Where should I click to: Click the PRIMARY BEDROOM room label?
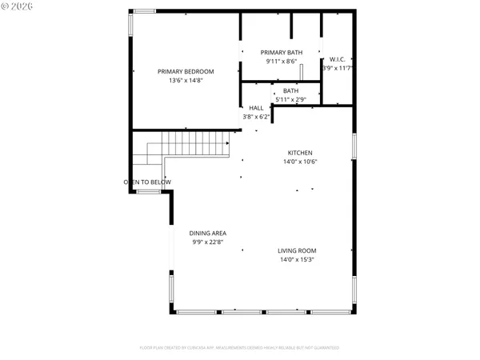click(185, 71)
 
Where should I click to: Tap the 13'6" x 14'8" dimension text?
click(185, 81)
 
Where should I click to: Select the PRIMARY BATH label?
click(281, 52)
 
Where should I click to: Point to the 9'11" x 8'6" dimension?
click(281, 61)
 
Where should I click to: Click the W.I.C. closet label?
click(337, 59)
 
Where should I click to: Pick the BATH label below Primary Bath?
click(290, 90)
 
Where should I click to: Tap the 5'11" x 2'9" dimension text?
click(290, 99)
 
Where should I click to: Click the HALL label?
click(256, 108)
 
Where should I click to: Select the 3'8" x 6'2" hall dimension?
click(256, 117)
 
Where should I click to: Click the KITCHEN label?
click(300, 153)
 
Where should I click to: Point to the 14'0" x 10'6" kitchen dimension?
click(300, 162)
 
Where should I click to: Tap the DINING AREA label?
click(207, 233)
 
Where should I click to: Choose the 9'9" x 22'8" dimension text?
click(207, 242)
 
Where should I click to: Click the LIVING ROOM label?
click(297, 250)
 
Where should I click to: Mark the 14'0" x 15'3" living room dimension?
click(297, 259)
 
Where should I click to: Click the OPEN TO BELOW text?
click(147, 182)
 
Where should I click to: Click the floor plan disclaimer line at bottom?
click(239, 348)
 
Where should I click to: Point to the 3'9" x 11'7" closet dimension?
click(337, 69)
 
